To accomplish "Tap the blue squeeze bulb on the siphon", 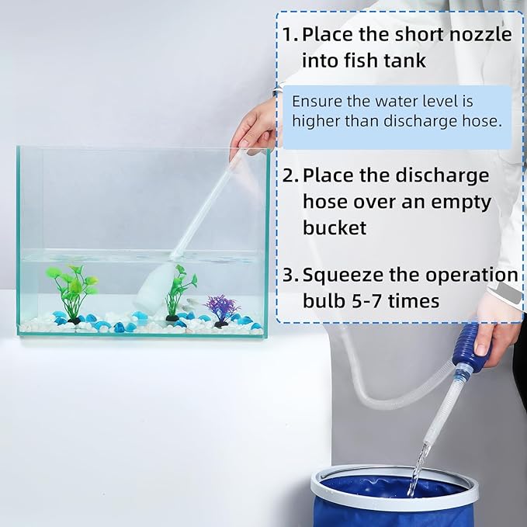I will [473, 358].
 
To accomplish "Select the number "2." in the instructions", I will [290, 175].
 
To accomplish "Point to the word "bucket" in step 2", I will [335, 227].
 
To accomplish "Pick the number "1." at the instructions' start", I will [290, 35].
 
